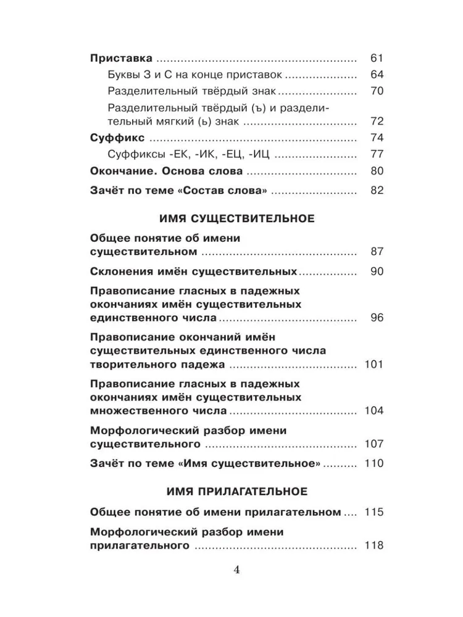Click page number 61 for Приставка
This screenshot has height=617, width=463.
click(x=377, y=59)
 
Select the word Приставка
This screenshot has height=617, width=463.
click(x=121, y=59)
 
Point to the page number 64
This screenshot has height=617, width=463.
click(x=377, y=75)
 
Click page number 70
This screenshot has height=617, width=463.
click(x=377, y=91)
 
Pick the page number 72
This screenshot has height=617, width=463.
click(x=377, y=121)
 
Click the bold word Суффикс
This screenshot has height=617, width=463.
click(x=117, y=138)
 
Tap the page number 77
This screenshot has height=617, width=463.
click(x=377, y=154)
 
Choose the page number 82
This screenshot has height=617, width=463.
click(x=377, y=190)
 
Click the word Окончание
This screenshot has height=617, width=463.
click(x=122, y=171)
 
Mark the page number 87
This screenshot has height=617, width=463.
click(x=377, y=251)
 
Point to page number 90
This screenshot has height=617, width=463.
click(x=377, y=271)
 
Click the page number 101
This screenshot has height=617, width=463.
click(x=374, y=364)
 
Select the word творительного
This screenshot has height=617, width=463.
click(x=128, y=364)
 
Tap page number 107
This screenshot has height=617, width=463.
click(x=374, y=444)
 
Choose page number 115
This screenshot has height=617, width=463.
click(x=374, y=512)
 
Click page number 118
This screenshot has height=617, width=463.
click(x=374, y=545)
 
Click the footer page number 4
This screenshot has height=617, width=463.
click(x=236, y=569)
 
